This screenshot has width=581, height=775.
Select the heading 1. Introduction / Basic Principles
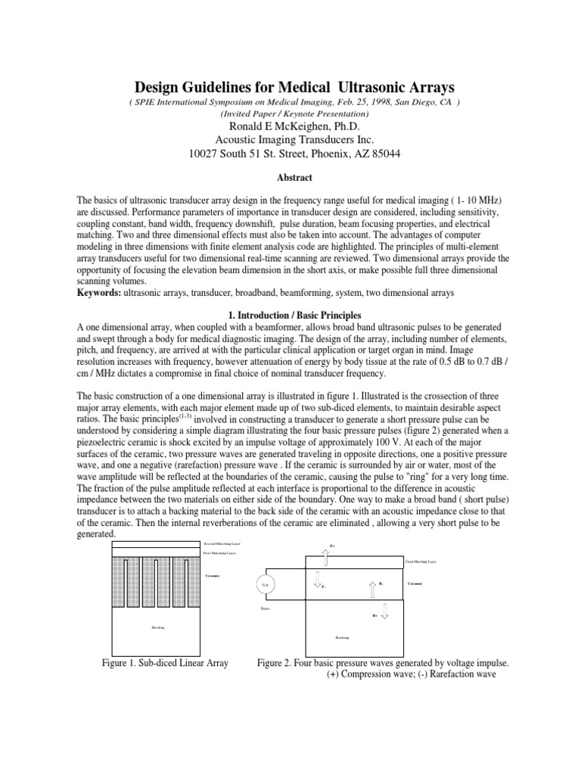290,314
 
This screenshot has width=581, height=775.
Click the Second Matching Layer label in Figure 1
224,543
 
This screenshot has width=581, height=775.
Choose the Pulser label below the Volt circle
265,608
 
